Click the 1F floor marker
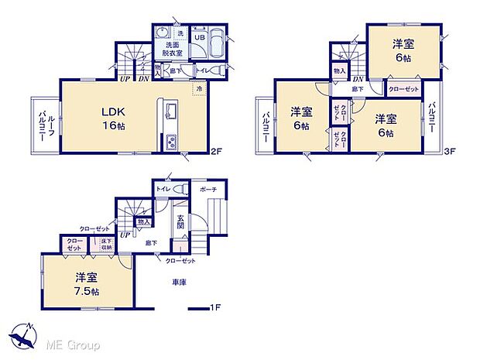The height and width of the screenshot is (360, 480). (218, 307)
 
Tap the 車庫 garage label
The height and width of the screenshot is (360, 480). (179, 282)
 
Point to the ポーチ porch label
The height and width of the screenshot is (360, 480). (207, 189)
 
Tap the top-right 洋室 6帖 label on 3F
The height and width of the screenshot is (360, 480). (402, 50)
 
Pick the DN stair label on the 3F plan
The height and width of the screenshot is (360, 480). (358, 78)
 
